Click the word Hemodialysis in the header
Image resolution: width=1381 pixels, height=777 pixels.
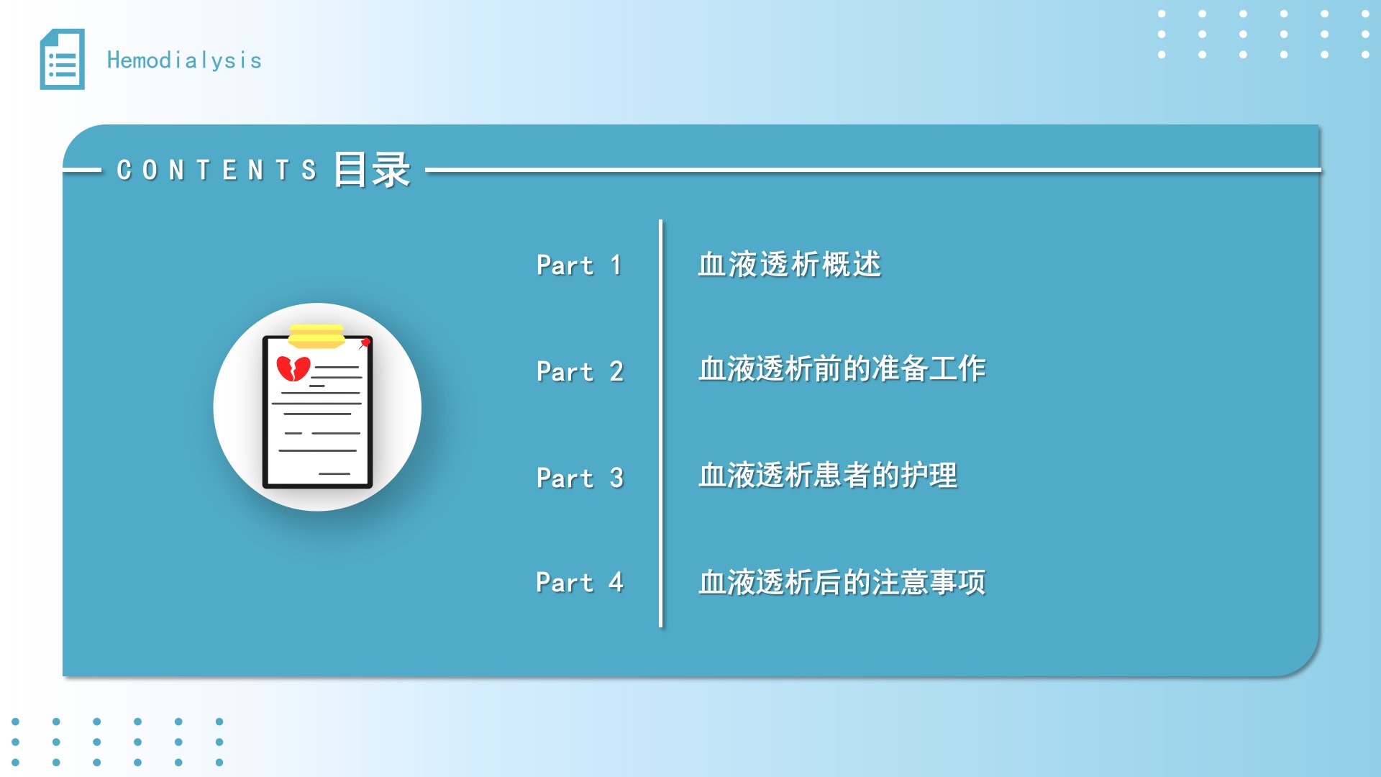184,60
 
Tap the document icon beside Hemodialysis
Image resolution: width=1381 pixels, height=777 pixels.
62,59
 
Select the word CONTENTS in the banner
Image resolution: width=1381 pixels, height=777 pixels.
217,171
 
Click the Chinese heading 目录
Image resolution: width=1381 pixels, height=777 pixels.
372,170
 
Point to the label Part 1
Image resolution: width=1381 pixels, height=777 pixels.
579,265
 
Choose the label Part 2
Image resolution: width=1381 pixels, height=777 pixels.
580,371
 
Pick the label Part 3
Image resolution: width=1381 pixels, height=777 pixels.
580,478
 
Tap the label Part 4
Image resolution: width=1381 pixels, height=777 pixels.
580,582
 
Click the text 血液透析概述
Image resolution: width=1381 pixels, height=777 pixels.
790,264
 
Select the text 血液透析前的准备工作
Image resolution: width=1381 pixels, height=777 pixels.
842,368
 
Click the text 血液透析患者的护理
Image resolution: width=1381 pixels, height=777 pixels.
828,475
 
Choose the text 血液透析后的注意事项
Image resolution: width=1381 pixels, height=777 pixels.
842,582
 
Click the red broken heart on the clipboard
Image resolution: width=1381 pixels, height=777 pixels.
293,368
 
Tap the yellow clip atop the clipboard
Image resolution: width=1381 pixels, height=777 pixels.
316,336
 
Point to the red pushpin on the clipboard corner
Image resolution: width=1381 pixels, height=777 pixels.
365,343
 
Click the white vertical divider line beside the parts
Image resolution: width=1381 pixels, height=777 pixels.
660,424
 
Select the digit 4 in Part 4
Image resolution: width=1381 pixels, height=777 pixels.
616,581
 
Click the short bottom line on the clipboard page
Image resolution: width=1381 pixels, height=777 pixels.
334,473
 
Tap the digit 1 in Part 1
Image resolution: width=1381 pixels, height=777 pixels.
616,265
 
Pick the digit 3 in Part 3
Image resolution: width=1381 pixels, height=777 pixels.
616,478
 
